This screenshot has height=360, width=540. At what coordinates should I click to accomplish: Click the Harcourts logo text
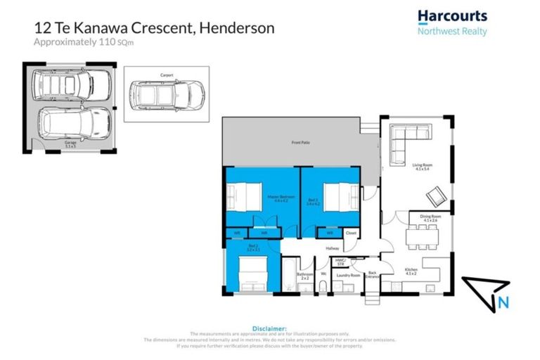(452, 15)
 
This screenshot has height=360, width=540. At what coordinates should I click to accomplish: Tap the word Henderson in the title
(237, 28)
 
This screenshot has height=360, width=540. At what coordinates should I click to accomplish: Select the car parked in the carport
(167, 92)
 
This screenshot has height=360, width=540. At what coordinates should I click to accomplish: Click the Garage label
(70, 143)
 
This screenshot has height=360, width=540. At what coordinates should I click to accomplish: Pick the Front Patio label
(301, 143)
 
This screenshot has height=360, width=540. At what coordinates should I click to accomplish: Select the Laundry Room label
(349, 276)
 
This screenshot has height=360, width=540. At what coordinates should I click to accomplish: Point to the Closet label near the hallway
(352, 233)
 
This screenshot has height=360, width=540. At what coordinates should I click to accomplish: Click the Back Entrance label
(373, 274)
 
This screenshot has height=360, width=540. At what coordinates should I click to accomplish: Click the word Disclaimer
(269, 328)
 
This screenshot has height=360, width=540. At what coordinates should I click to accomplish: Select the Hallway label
(332, 248)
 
